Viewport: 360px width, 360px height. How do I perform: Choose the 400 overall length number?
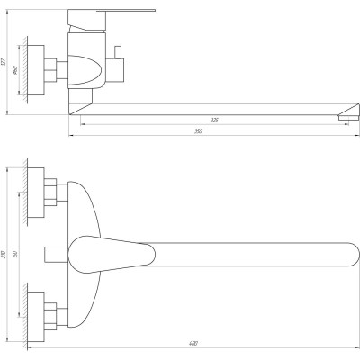[x=193, y=342]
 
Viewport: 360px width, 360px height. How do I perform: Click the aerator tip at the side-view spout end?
[x=344, y=114]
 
